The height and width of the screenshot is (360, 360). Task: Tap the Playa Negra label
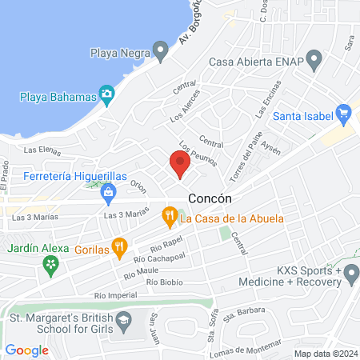pos(119,54)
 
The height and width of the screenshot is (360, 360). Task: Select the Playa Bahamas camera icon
pos(106,96)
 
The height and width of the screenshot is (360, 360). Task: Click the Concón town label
pos(210,198)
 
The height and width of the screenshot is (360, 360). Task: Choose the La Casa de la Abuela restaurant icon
pos(169,217)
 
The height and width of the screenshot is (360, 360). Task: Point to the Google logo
pos(26,350)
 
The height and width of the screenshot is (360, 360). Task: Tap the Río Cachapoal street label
pos(155,256)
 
